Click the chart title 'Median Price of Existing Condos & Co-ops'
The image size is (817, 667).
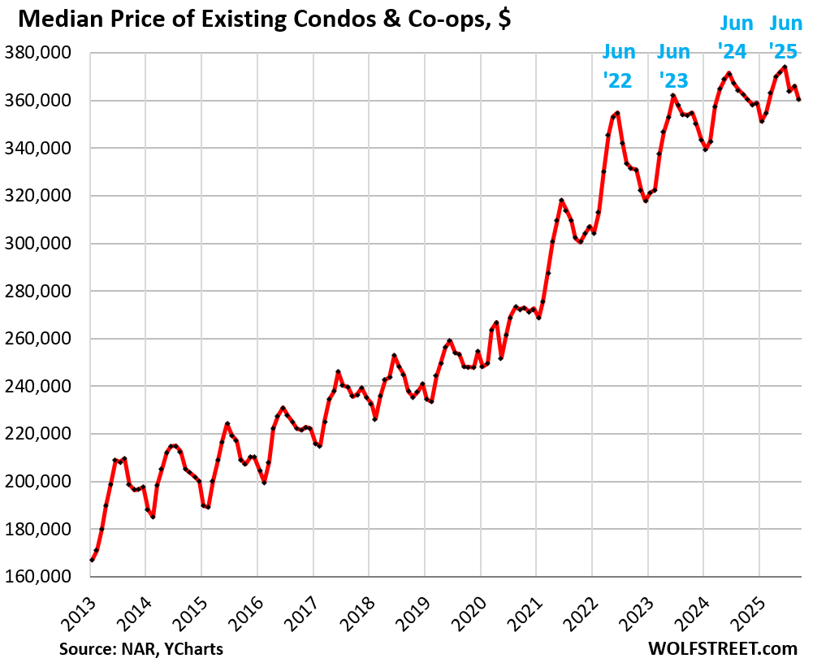tap(260, 19)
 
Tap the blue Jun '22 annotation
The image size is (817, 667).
tap(619, 67)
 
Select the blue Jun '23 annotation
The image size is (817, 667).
tap(673, 67)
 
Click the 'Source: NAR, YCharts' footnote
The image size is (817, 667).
tap(140, 649)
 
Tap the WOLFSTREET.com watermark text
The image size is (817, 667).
tap(723, 649)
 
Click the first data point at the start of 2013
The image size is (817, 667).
tap(92, 560)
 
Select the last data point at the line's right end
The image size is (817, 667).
tap(799, 99)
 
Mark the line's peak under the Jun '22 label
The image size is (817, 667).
tap(618, 113)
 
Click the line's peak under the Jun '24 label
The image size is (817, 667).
tap(729, 73)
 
